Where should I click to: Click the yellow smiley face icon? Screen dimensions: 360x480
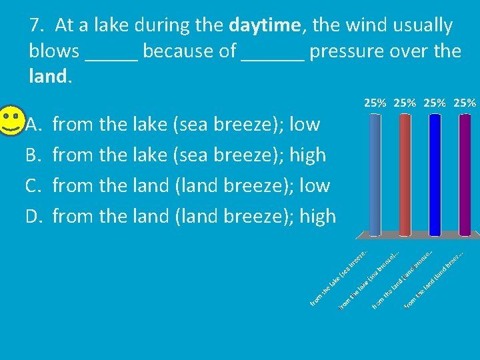pyautogui.click(x=11, y=121)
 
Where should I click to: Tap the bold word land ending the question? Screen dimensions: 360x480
pyautogui.click(x=47, y=77)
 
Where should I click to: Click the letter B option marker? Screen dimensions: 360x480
pyautogui.click(x=33, y=155)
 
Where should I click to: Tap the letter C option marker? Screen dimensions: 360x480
pyautogui.click(x=33, y=185)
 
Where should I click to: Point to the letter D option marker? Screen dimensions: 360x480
pyautogui.click(x=33, y=216)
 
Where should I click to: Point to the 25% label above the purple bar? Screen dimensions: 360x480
pyautogui.click(x=464, y=103)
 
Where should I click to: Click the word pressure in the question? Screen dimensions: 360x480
pyautogui.click(x=347, y=51)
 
